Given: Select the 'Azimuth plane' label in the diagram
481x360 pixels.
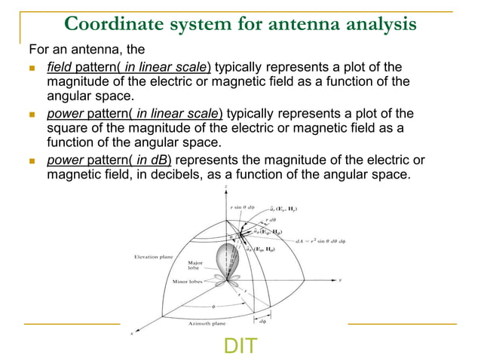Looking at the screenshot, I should point(207,323).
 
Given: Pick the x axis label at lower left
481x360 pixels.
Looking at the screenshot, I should point(131,333).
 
